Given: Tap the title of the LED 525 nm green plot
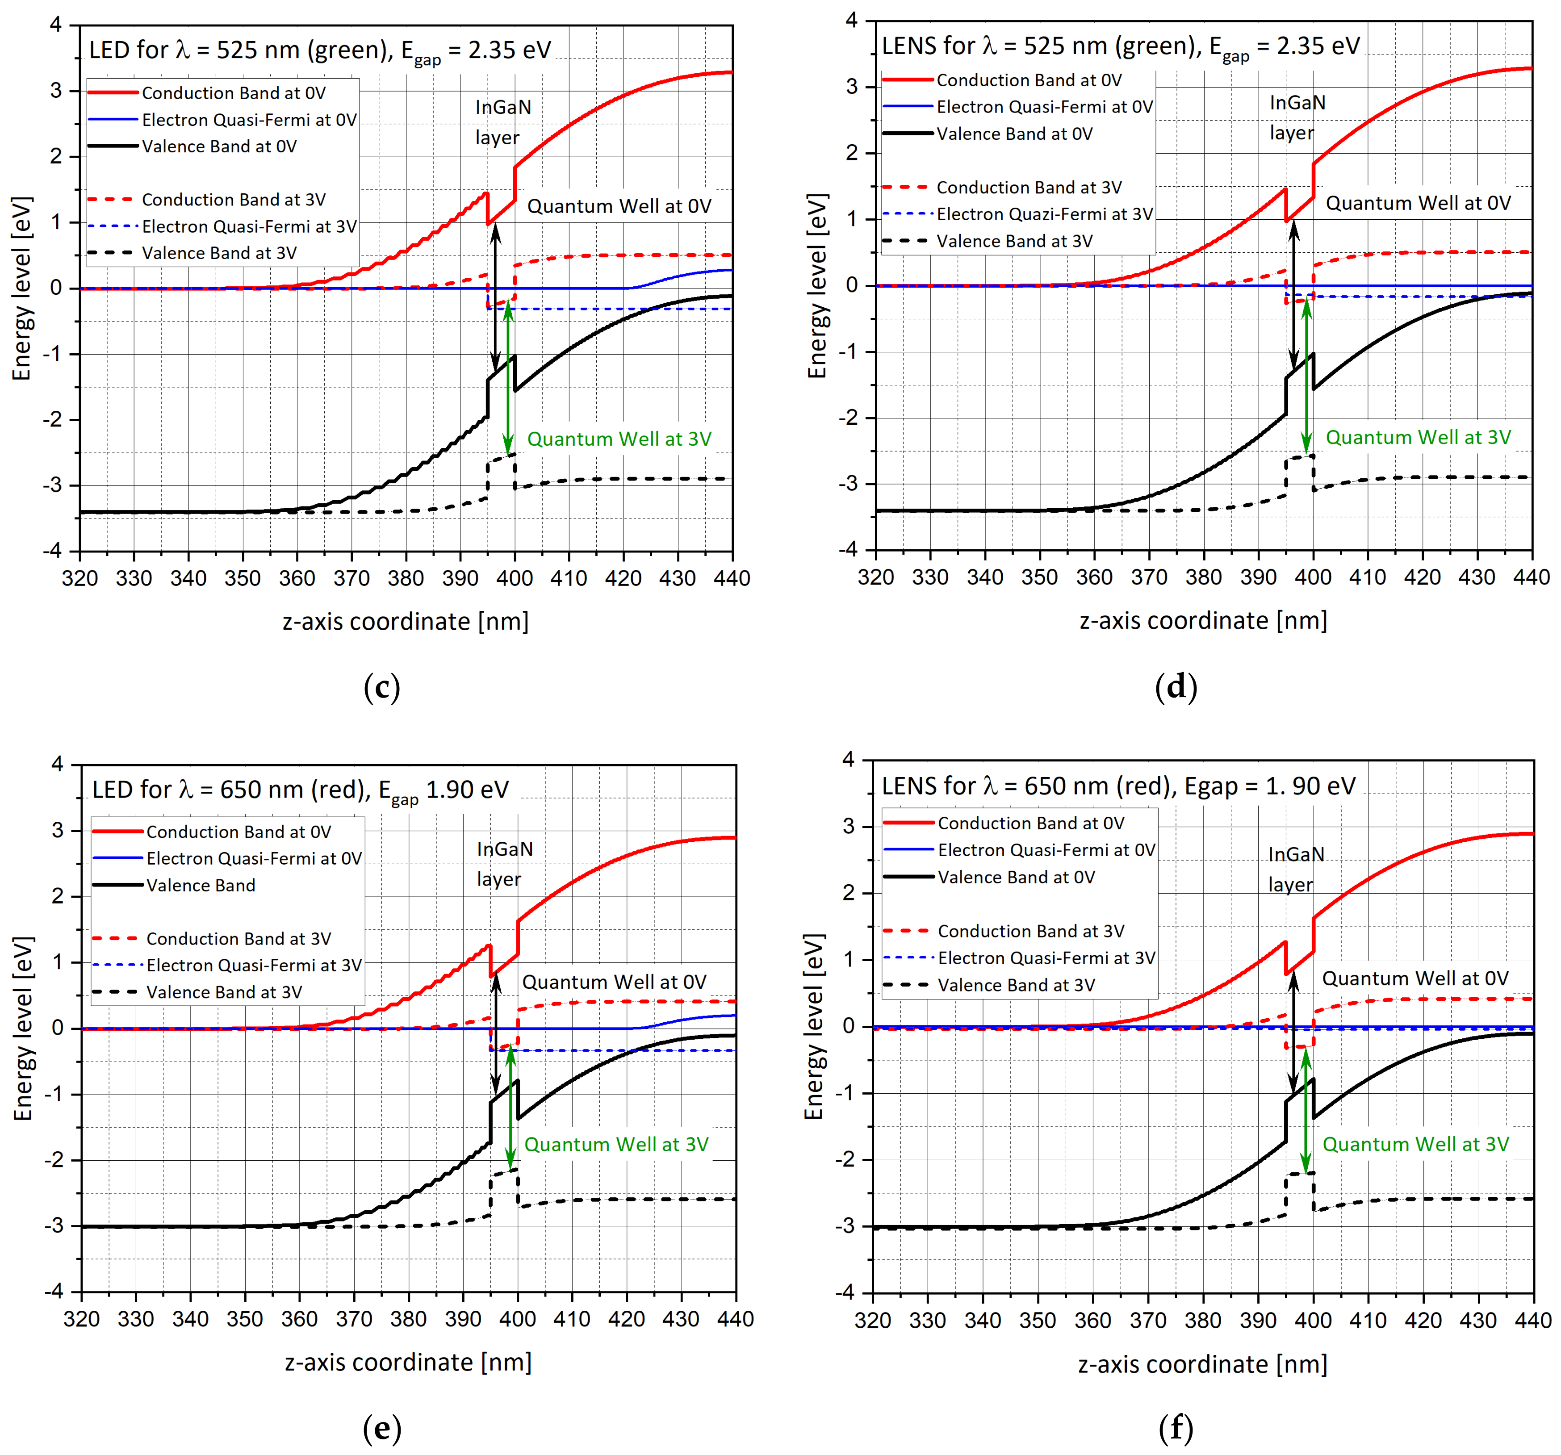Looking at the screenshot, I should click(x=320, y=50).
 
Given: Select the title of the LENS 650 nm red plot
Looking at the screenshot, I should click(x=1118, y=786).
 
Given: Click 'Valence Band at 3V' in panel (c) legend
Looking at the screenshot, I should click(x=219, y=253).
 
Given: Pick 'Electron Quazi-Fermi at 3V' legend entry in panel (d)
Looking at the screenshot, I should click(x=1044, y=214).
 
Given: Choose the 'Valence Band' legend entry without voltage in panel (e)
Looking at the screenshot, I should click(x=200, y=885).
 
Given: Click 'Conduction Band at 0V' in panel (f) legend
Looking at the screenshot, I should click(x=1030, y=823).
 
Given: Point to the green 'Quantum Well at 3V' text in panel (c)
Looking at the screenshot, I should click(x=619, y=439).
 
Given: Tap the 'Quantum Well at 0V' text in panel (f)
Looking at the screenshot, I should click(x=1415, y=978).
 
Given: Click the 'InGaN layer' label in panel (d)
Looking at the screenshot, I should click(x=1297, y=118).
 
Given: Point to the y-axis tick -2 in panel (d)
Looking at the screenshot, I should click(x=850, y=418).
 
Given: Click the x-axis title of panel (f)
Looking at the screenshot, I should click(x=1202, y=1364).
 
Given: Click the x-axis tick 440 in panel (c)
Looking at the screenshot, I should click(x=732, y=579).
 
